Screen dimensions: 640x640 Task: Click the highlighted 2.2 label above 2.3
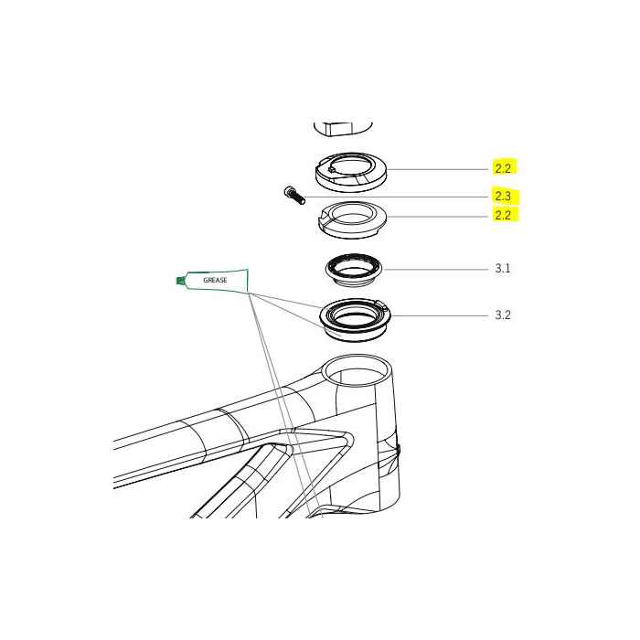503,168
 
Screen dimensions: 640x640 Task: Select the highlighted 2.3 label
503,196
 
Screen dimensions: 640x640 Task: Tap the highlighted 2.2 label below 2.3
503,216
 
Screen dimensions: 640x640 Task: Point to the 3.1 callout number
502,269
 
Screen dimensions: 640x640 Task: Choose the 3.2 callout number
502,315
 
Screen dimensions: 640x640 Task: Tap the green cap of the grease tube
179,281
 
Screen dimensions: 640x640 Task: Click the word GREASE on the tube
215,280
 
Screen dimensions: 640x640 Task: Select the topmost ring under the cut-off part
350,170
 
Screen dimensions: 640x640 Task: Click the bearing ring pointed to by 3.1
354,269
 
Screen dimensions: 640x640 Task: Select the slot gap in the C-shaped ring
323,217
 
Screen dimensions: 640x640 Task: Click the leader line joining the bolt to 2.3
393,197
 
